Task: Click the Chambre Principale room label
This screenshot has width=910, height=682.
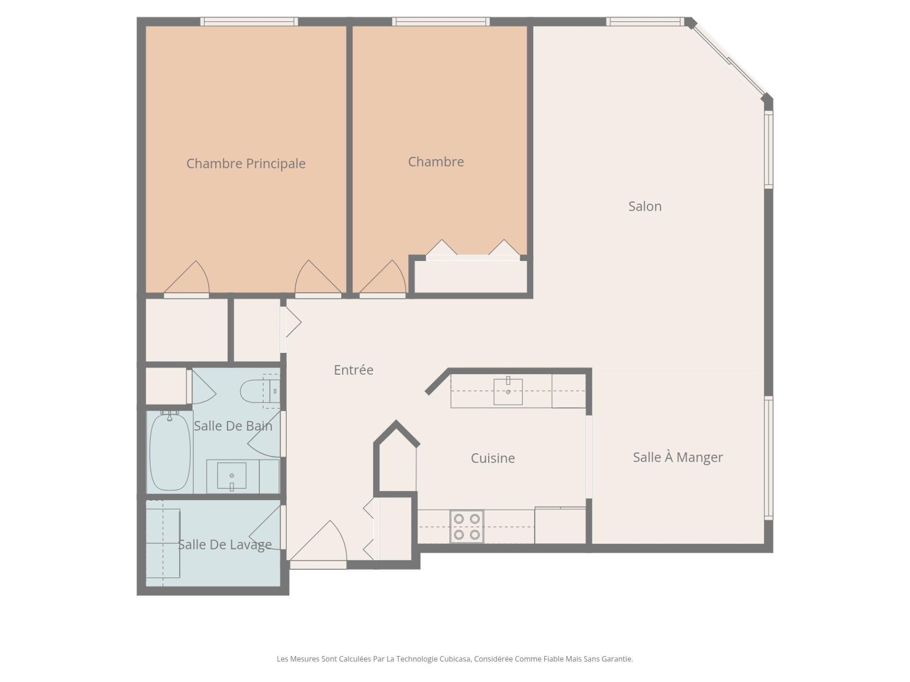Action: click(x=246, y=163)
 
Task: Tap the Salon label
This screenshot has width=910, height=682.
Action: click(x=645, y=206)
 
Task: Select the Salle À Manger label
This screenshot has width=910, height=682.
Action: click(x=678, y=457)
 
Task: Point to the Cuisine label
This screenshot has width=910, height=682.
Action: click(x=492, y=458)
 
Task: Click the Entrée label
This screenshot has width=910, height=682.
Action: click(x=353, y=369)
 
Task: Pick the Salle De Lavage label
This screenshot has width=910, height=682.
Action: click(x=225, y=545)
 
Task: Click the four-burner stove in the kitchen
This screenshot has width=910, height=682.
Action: click(x=467, y=526)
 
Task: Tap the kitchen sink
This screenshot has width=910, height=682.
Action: click(x=508, y=391)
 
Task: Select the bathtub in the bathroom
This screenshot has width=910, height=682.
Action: click(x=170, y=451)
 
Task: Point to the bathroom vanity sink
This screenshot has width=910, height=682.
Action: click(x=232, y=476)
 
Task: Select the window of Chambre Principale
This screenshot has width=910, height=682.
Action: click(x=249, y=21)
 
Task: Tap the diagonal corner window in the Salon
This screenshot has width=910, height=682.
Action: click(x=728, y=59)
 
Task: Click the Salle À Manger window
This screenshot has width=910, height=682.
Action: click(x=769, y=458)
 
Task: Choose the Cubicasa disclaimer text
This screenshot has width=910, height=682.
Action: click(x=455, y=659)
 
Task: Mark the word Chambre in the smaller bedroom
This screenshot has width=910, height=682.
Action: click(x=436, y=162)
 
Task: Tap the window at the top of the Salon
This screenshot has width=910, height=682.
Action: click(x=645, y=21)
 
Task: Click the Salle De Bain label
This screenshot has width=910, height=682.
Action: click(x=233, y=426)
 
